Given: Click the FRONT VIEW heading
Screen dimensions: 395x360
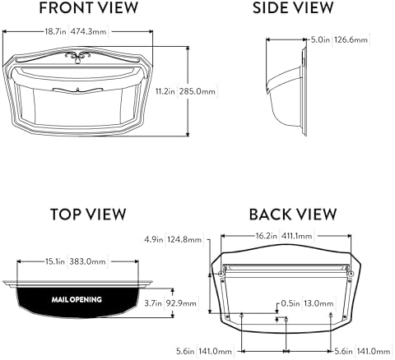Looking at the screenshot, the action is pos(88,7).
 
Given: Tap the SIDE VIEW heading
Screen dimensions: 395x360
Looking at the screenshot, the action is pos(293,7).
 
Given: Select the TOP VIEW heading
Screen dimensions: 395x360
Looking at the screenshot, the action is pos(88,215).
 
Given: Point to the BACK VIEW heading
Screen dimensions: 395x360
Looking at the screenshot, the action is pos(293,215).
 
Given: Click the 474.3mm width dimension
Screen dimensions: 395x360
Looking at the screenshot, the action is pos(88,31).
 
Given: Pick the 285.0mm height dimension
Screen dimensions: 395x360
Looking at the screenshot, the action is pos(197,91).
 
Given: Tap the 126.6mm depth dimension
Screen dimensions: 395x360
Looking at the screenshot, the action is pos(351,39).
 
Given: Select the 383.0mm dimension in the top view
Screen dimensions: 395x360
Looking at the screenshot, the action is pos(87,261).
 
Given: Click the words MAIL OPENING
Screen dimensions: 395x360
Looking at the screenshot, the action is pos(77,299).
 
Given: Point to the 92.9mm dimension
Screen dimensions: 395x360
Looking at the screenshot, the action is pos(181,303).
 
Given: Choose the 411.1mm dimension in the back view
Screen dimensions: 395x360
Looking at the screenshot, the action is pos(296,236).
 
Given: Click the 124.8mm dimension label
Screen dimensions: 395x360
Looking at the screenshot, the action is pos(184,239).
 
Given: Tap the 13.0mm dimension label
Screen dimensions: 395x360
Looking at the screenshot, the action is pos(318,303).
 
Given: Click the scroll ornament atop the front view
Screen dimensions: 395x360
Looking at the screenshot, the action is pos(77,57).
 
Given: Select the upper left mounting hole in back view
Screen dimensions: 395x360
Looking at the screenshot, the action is pos(221,274).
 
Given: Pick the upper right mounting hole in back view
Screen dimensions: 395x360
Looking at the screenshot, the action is pos(351,274).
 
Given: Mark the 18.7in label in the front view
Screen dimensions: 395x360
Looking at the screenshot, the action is pos(55,31).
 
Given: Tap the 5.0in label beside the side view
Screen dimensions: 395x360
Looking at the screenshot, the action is pos(320,39).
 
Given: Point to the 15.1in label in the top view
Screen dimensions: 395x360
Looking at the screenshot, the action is pos(55,261).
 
